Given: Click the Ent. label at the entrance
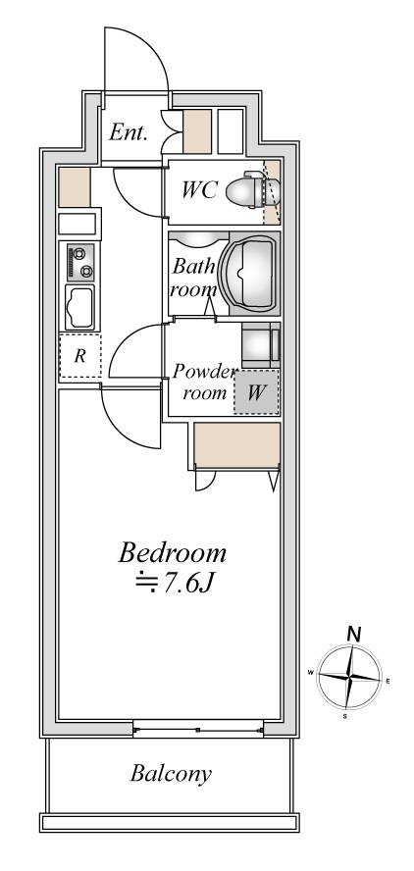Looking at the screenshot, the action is coord(128,132).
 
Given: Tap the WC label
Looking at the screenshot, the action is coord(199,190).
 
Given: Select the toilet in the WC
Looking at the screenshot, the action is coord(246,190).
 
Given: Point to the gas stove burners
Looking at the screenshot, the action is coord(80,262).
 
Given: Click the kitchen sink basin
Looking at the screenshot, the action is coord(80,308).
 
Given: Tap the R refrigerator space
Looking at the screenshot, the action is coord(80,356).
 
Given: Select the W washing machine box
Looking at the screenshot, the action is coord(256,392).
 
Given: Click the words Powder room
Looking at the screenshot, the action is coord(203,383).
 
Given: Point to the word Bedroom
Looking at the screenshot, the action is coord(173,552).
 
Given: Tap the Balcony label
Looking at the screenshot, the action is coord(171,773).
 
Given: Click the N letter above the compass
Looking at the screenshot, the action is coord(354,635).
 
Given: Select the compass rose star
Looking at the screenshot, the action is coord(349,678).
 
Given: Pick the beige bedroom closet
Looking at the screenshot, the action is coord(236,445).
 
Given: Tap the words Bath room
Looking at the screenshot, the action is coord(193,278).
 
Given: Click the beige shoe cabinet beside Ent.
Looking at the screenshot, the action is coord(197,131).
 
